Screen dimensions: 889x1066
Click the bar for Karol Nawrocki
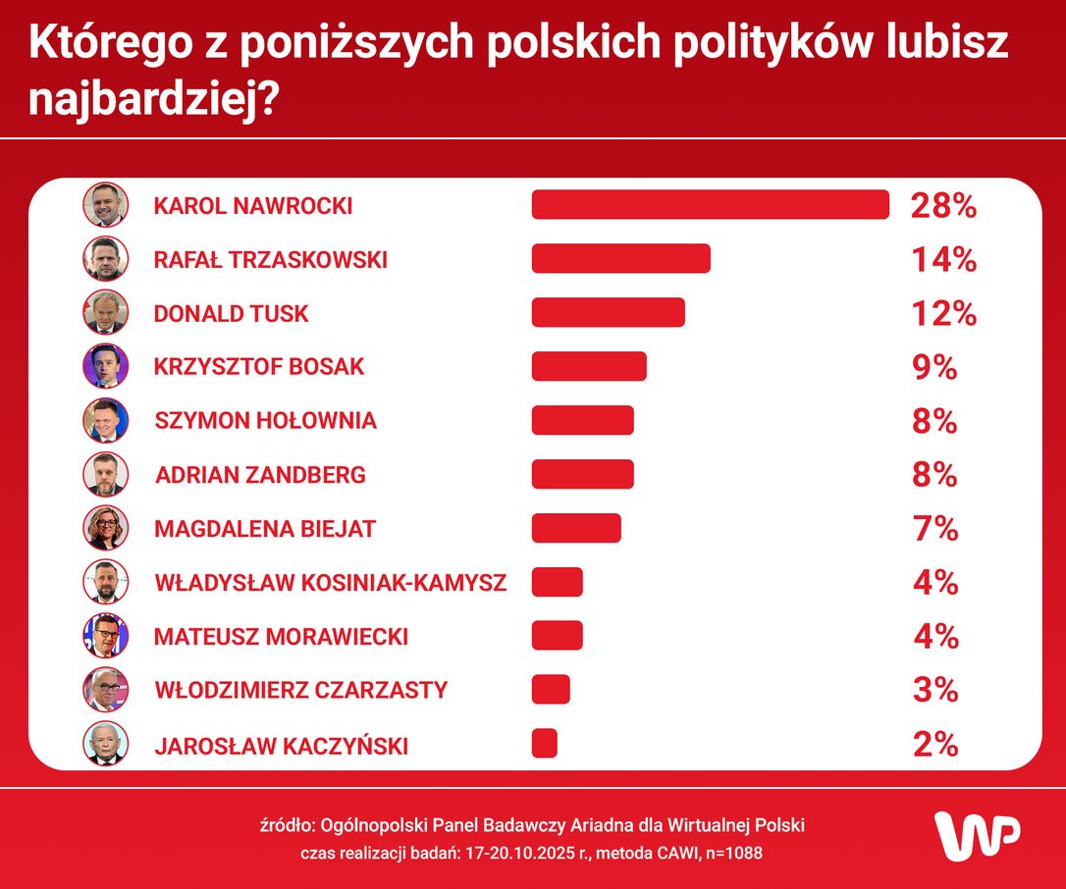pos(710,205)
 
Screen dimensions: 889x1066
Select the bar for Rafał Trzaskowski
pos(620,259)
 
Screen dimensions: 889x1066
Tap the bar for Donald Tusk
pos(608,313)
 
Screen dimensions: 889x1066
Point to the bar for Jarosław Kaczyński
pos(545,744)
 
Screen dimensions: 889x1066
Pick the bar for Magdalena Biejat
pos(576,528)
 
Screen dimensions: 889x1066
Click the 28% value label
pos(942,206)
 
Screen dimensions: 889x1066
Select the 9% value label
pos(934,367)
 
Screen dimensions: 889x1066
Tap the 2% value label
pos(934,745)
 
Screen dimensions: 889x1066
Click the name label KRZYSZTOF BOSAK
pos(259,367)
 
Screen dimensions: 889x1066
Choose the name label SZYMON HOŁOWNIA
pos(265,421)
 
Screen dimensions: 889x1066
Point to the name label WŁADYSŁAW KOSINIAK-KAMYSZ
pos(331,583)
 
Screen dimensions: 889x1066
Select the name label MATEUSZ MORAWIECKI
pos(281,637)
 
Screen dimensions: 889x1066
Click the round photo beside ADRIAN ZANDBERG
pos(105,474)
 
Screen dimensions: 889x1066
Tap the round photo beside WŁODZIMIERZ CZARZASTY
pos(105,690)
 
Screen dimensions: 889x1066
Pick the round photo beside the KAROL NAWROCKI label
pos(105,205)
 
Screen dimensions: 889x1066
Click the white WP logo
pos(976,836)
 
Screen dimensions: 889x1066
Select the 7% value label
pos(934,529)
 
